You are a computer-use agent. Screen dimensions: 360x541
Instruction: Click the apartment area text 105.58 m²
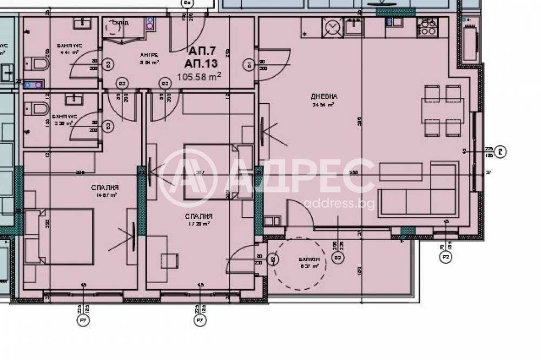pos(199,77)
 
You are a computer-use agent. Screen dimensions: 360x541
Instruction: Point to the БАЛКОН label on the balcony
pos(307,259)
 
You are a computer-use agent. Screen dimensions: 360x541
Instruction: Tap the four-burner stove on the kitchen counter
pos(427,26)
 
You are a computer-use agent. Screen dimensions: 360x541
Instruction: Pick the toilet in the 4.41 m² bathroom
pos(39,64)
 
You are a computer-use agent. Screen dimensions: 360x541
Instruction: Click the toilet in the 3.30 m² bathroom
pos(38,110)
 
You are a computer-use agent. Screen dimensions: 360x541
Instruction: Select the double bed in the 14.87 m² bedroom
pos(60,236)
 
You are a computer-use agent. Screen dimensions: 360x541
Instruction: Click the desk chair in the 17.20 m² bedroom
pos(171,260)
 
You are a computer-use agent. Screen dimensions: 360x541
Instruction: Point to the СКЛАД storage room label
pos(120,23)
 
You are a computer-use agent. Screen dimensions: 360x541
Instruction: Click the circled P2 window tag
pos(446,258)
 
